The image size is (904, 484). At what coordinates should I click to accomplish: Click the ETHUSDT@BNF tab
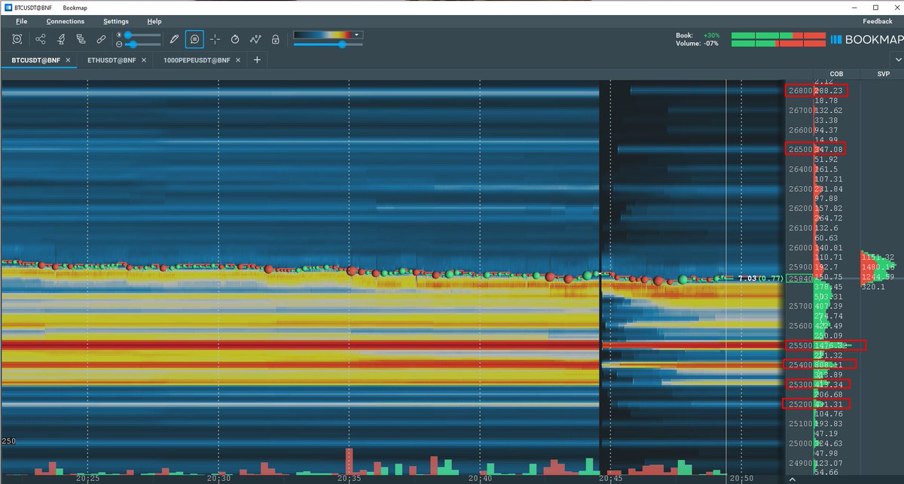point(111,59)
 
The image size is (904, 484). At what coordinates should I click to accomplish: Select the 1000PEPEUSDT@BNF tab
point(191,59)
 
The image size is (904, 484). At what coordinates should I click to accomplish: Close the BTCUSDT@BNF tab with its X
point(68,59)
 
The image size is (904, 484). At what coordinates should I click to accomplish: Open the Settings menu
point(116,22)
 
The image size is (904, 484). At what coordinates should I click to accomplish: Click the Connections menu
point(66,22)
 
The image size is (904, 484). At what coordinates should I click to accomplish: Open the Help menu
point(154,22)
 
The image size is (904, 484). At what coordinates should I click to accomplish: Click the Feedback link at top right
point(877,22)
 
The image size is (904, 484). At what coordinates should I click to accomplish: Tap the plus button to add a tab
point(257,59)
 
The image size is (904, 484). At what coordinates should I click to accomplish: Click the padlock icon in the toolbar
point(276,39)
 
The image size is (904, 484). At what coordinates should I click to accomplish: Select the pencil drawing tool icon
point(174,39)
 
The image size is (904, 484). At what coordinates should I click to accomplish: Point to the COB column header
point(836,74)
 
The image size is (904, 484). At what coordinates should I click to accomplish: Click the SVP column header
point(883,74)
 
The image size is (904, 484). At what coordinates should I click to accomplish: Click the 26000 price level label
point(799,248)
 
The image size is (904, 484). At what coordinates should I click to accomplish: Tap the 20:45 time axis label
point(610,478)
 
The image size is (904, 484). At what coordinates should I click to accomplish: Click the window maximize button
point(875,7)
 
